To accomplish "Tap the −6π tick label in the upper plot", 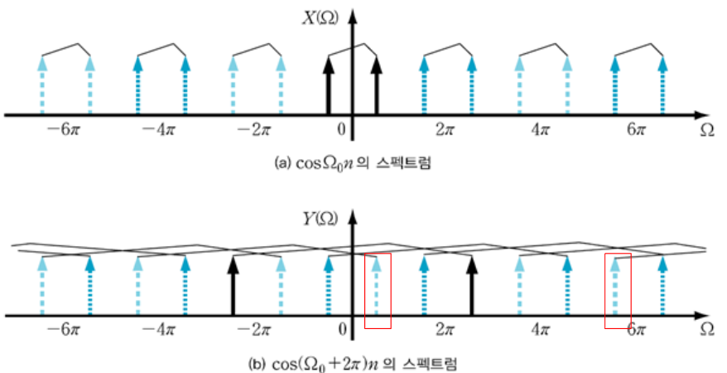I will point(65,129).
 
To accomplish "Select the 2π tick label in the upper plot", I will point(446,129).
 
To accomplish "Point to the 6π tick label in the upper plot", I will point(636,129).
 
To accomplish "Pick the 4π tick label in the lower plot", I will point(541,330).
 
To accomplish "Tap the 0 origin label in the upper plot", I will point(341,129).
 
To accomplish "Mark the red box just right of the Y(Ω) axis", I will point(378,291).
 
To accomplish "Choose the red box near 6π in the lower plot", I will point(617,291).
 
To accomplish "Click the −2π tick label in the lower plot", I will point(254,330).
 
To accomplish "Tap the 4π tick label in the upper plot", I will point(541,129).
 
